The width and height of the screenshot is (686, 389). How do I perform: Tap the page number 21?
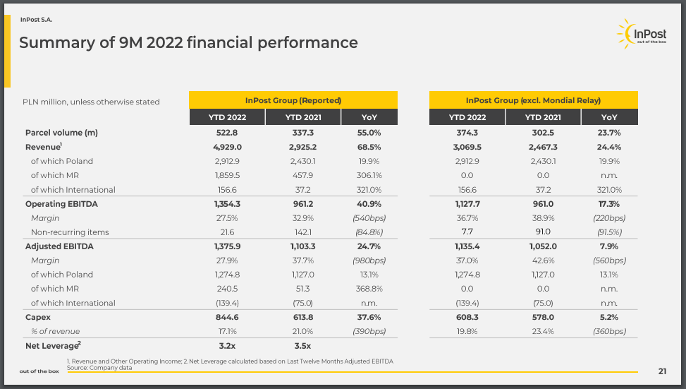(x=662, y=371)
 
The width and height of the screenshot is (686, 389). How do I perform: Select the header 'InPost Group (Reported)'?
(x=293, y=100)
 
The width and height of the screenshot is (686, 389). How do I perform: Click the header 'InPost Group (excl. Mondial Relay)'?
(x=533, y=100)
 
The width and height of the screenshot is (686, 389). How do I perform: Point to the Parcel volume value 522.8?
(x=227, y=133)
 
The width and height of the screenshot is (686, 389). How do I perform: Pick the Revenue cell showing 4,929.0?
(x=227, y=147)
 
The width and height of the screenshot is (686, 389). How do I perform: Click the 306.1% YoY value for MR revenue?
(x=369, y=175)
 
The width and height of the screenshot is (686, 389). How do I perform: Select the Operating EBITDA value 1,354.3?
(x=227, y=204)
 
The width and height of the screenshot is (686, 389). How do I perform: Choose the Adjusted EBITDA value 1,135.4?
(x=467, y=246)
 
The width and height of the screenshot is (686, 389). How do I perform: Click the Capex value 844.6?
(x=227, y=317)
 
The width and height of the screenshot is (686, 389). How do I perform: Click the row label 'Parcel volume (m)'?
(x=61, y=133)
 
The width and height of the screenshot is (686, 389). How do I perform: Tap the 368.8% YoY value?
(x=369, y=289)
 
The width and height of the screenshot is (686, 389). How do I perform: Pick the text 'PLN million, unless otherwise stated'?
(x=91, y=102)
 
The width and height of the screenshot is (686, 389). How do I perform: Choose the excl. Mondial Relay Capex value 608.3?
(x=467, y=317)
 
